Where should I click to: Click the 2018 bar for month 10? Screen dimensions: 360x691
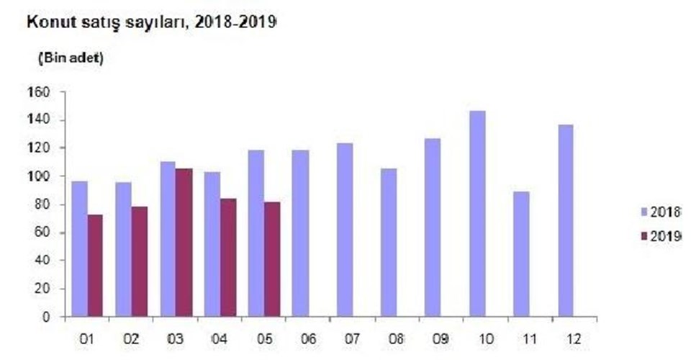(x=477, y=214)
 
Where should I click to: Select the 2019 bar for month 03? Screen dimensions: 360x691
(x=184, y=243)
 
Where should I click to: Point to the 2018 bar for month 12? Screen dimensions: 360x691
(x=565, y=220)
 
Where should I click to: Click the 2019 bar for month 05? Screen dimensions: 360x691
(x=272, y=259)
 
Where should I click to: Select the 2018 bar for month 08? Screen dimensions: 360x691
(x=388, y=243)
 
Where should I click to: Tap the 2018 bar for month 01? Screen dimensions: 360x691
(x=79, y=248)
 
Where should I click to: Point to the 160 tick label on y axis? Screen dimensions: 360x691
(x=39, y=92)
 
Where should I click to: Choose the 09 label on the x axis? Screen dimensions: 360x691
(x=433, y=338)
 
